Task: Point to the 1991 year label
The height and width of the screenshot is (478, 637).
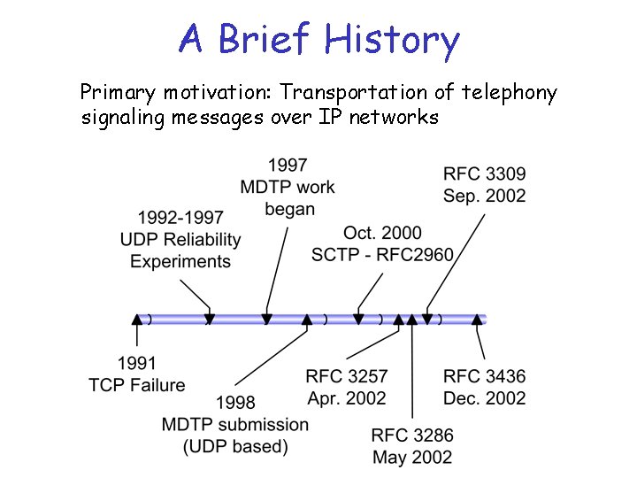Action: coord(136,363)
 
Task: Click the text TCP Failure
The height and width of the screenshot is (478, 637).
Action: coord(137,384)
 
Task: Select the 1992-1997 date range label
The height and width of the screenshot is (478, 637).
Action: coord(180,217)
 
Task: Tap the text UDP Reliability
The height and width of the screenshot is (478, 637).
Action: coord(180,239)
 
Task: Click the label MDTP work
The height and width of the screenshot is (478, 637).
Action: coord(288,187)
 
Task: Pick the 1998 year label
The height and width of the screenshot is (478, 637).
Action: coord(234,404)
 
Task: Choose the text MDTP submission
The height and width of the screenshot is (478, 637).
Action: coord(235,425)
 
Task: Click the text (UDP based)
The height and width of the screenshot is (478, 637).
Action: coord(235,447)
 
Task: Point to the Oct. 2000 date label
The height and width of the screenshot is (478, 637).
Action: coord(382,233)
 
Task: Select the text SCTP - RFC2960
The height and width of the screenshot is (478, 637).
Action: coord(382,255)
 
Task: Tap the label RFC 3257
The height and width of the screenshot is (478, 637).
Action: coord(347,377)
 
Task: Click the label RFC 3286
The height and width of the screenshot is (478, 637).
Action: coord(412,436)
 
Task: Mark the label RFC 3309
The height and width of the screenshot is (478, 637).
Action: coord(484,173)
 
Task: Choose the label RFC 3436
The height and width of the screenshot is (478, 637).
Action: coord(484,377)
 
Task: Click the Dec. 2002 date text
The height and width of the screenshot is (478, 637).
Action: coord(484,398)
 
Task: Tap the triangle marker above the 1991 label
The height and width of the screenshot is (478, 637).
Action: coord(136,320)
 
